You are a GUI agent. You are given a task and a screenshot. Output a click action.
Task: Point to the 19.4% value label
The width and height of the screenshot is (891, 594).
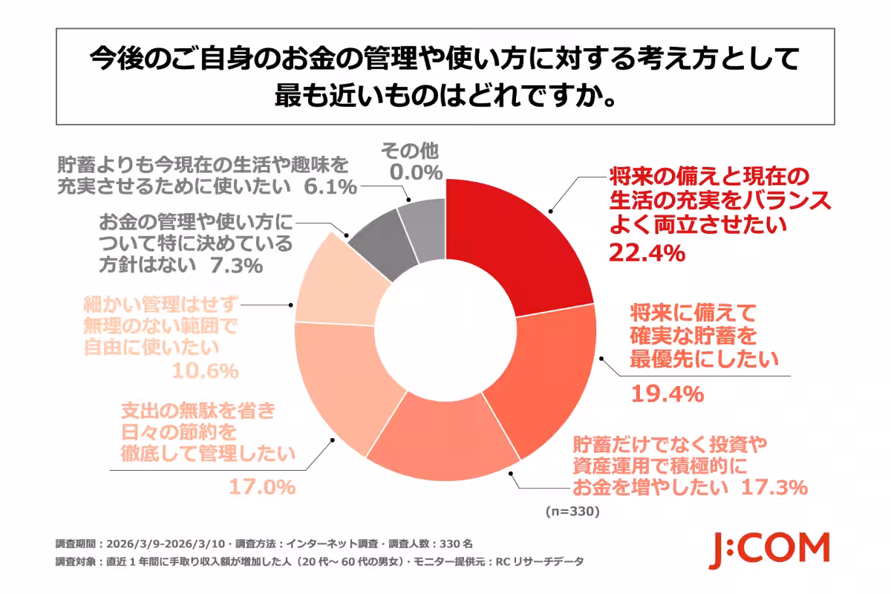coord(667,394)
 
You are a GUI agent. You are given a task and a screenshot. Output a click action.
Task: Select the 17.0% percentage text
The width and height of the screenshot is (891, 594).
coord(260,488)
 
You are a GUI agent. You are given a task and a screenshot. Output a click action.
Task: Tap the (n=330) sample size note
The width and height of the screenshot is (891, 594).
coord(571,512)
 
